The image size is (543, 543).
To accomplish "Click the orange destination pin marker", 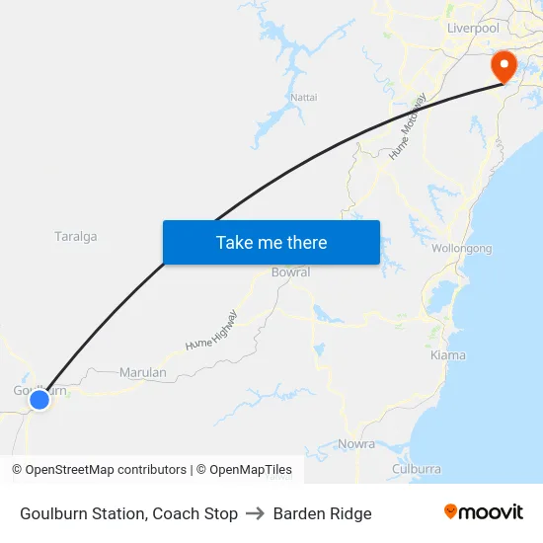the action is pyautogui.click(x=504, y=66).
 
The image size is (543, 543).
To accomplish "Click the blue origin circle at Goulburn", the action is pyautogui.click(x=39, y=399).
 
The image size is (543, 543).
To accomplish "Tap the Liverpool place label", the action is pyautogui.click(x=473, y=29).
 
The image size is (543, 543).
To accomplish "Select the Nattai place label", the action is pyautogui.click(x=304, y=97).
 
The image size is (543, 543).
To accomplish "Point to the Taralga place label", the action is pyautogui.click(x=75, y=237).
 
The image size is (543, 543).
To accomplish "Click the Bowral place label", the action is pyautogui.click(x=290, y=272).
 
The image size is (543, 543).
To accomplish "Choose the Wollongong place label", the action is pyautogui.click(x=461, y=249).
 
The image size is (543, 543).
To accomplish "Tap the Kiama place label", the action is pyautogui.click(x=448, y=354).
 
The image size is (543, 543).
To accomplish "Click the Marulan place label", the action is pyautogui.click(x=142, y=373).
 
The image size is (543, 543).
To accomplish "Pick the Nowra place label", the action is pyautogui.click(x=356, y=444).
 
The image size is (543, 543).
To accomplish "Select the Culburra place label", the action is pyautogui.click(x=416, y=469).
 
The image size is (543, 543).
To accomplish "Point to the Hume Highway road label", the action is pyautogui.click(x=211, y=330).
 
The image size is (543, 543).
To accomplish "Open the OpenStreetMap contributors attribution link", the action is pyautogui.click(x=106, y=470).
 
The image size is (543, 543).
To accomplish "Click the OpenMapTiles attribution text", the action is pyautogui.click(x=251, y=470).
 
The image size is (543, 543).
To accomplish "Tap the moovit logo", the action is pyautogui.click(x=484, y=512).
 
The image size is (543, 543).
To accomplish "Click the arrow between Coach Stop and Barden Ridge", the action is pyautogui.click(x=256, y=513).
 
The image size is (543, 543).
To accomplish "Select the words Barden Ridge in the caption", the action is pyautogui.click(x=323, y=513).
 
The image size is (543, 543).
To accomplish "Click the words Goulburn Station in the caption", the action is pyautogui.click(x=82, y=513).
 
